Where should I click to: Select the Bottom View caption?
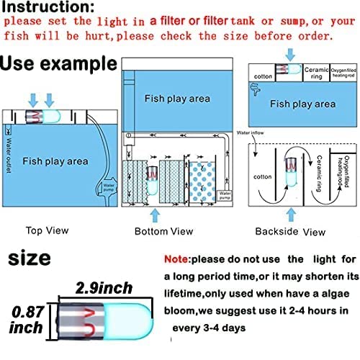click(x=163, y=231)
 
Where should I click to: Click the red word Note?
click(x=180, y=258)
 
